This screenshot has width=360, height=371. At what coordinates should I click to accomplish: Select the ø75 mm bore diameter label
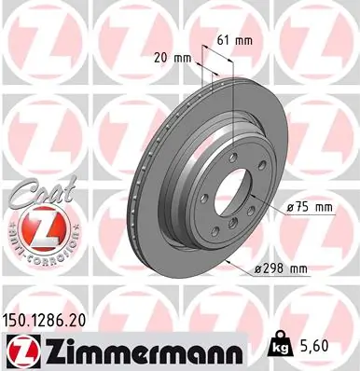click(310, 207)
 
